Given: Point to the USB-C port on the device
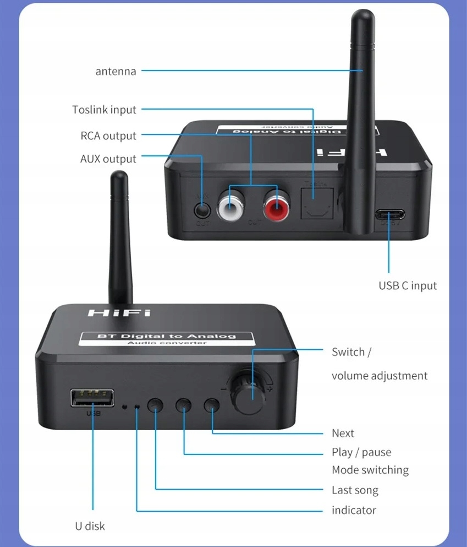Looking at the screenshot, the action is point(390,214).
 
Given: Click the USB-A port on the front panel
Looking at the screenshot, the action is point(92,398).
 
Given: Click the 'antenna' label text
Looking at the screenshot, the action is point(116,71).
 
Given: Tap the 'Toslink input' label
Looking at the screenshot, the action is point(104,110).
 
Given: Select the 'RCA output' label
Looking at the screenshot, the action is point(108,136).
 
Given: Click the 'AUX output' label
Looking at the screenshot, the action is point(108,159).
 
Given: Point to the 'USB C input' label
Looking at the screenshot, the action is point(408,286).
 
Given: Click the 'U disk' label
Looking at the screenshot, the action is point(90,526).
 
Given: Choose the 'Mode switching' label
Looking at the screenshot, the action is point(370,470).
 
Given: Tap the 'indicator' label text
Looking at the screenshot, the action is point(354,510).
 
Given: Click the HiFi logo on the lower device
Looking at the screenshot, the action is point(118,313).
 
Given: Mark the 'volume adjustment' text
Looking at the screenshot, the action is point(379,376).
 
